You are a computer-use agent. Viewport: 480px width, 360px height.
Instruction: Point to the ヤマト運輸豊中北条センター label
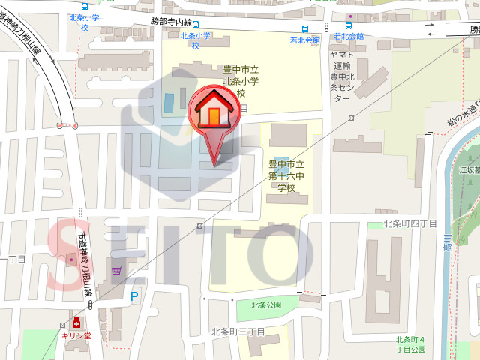coord(340,76)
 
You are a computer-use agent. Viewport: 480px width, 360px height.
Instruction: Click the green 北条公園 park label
coord(265,304)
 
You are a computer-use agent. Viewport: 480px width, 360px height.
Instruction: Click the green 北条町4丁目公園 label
coord(411,344)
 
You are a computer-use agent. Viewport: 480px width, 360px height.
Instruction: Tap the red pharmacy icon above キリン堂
coord(76,322)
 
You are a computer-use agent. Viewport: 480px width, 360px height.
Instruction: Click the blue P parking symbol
coord(135,297)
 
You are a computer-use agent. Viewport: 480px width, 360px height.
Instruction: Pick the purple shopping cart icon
coord(116,271)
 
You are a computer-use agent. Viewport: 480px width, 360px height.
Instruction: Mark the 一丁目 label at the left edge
coord(13,259)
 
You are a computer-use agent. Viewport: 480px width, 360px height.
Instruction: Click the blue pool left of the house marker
coord(169,103)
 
